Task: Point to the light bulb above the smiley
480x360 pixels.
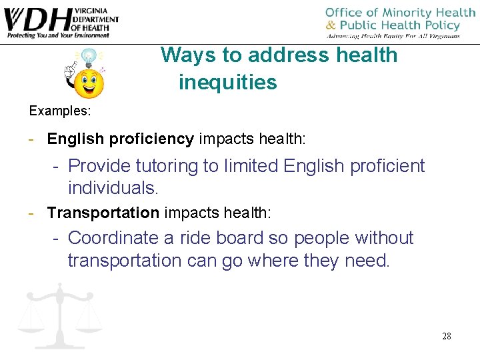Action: (89, 56)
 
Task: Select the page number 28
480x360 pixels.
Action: (446, 336)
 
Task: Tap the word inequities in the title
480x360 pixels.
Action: (227, 83)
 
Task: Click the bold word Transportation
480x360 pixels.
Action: (103, 213)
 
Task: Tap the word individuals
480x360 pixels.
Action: (112, 188)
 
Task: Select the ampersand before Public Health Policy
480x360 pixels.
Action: (331, 25)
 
